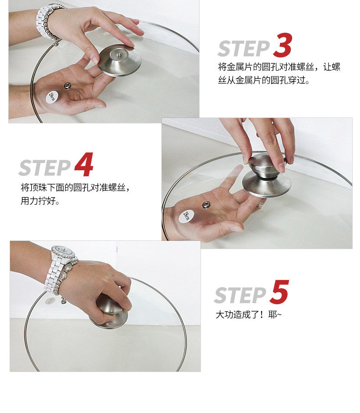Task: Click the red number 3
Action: [283, 45]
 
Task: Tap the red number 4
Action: [84, 164]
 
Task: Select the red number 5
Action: [279, 292]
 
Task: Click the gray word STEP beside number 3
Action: [244, 49]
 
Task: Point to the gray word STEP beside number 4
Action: [45, 168]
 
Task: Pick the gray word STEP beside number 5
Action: [240, 295]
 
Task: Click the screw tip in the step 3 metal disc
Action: [118, 55]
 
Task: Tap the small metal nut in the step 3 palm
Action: [68, 86]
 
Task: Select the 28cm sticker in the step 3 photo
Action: [52, 97]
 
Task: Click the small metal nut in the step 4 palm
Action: [206, 204]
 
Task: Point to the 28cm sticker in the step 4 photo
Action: [187, 216]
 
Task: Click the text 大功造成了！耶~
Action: [248, 315]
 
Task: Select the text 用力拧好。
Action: [40, 201]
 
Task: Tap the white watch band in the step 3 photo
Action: [46, 21]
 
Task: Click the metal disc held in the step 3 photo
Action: [120, 60]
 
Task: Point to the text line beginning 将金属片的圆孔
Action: [279, 67]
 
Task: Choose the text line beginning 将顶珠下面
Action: [75, 188]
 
